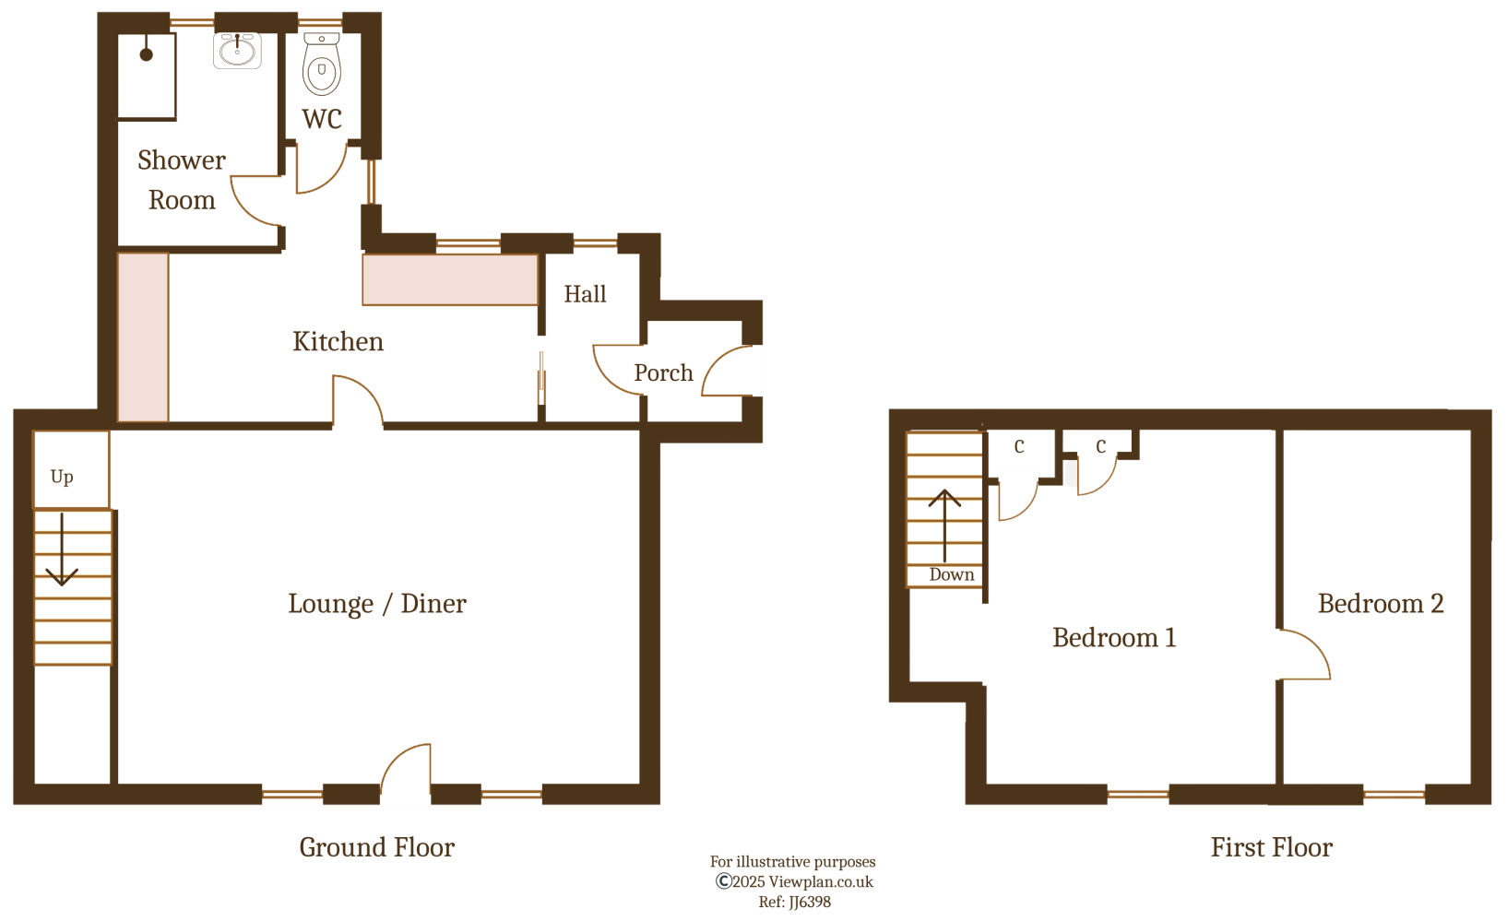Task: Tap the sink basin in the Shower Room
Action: point(238,51)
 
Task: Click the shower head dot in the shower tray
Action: point(146,54)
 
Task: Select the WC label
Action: point(322,119)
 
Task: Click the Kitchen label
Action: point(338,342)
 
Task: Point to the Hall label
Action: point(586,294)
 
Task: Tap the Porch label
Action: point(663,372)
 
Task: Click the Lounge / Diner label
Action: point(377,604)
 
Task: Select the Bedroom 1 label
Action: point(1114,637)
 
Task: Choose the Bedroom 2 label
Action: point(1381,604)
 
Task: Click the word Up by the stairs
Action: point(62,477)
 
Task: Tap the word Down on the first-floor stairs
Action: point(951,574)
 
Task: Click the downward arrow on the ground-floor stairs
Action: point(62,549)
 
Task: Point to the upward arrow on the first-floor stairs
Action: point(944,525)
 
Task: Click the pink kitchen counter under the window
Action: point(450,280)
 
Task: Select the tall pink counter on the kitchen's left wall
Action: point(143,337)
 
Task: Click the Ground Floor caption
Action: point(376,847)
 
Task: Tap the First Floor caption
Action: point(1272,847)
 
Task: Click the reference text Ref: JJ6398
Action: point(794,903)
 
